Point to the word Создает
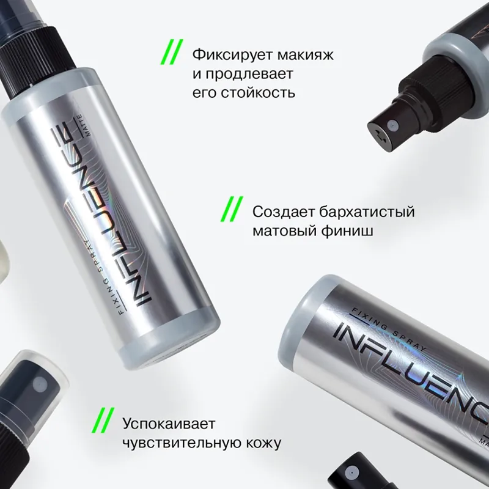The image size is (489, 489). click(x=284, y=212)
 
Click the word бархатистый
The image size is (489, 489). click(x=367, y=212)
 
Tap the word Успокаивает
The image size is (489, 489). click(x=169, y=424)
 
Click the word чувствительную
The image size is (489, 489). click(x=182, y=443)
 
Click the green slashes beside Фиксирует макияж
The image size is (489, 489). click(x=172, y=52)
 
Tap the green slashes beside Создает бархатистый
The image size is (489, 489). click(x=232, y=209)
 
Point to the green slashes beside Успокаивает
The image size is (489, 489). click(x=103, y=421)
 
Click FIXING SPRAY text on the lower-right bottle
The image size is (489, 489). click(x=386, y=328)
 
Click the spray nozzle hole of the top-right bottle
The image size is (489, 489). click(x=392, y=126)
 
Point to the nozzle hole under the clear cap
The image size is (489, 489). click(x=40, y=384)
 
